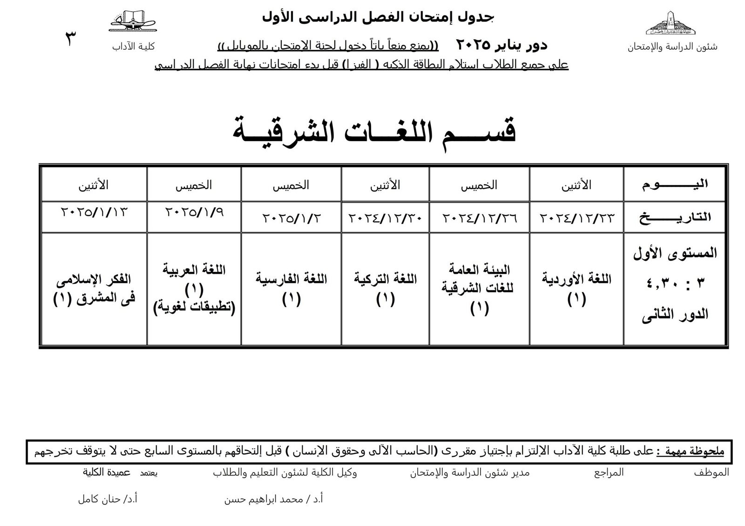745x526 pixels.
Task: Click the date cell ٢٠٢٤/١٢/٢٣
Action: click(x=577, y=217)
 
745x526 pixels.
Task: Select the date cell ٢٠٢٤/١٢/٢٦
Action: click(x=479, y=217)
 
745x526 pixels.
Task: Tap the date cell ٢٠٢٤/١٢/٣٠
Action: click(x=385, y=217)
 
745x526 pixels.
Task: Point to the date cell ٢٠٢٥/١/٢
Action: click(x=291, y=217)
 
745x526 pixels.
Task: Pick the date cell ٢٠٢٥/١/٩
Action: click(x=194, y=212)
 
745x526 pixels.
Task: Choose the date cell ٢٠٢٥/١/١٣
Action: click(x=94, y=212)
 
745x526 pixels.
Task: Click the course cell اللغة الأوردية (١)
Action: click(x=576, y=289)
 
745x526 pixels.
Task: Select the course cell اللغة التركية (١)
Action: click(x=385, y=289)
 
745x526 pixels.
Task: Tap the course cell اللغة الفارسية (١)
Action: click(x=291, y=289)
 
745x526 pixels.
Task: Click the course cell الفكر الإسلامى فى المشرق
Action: click(x=94, y=289)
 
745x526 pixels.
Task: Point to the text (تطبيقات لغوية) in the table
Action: click(x=194, y=308)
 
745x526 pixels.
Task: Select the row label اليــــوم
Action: click(x=675, y=184)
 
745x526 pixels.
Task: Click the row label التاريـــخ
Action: click(x=675, y=217)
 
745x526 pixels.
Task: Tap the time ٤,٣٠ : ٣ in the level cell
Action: click(x=676, y=283)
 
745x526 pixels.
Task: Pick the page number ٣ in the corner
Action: click(x=71, y=39)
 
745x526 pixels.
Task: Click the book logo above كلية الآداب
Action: click(x=133, y=21)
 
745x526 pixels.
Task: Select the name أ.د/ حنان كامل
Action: click(x=108, y=499)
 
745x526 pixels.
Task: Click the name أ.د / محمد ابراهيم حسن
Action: click(x=274, y=499)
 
